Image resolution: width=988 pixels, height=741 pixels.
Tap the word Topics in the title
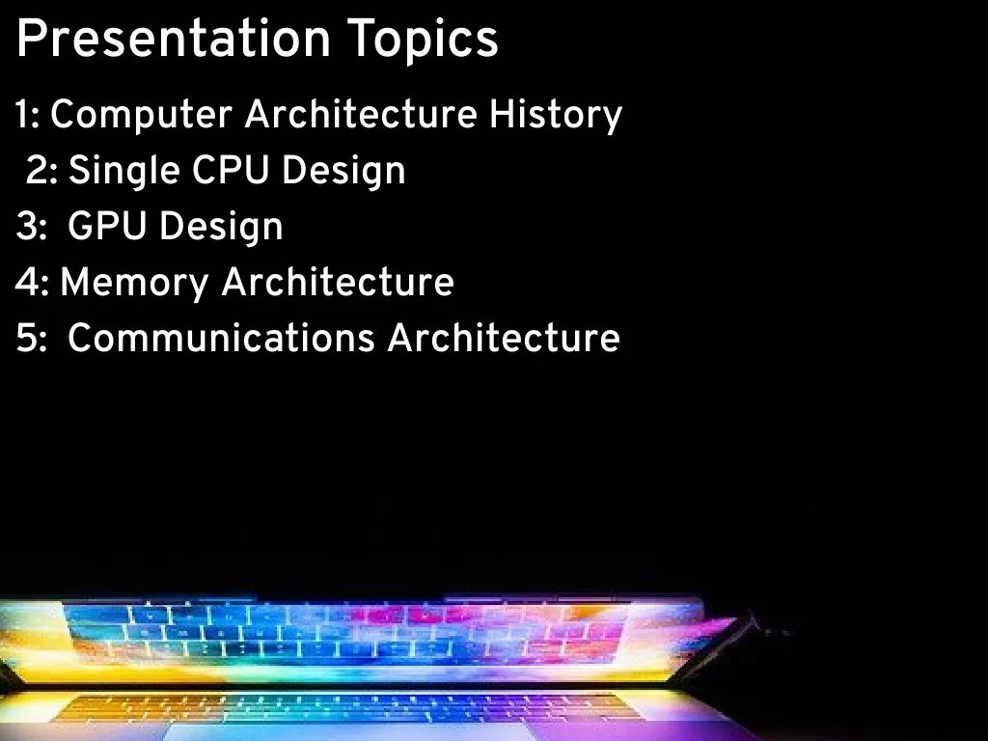(x=423, y=41)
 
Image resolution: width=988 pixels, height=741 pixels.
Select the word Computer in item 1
(x=141, y=116)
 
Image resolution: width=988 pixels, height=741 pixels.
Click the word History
(x=556, y=116)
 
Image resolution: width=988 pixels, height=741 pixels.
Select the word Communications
(x=221, y=338)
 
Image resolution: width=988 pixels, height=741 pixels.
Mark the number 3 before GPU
(x=26, y=226)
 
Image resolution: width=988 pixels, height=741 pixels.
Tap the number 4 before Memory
(x=27, y=282)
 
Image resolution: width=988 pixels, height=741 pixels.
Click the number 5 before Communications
(x=26, y=338)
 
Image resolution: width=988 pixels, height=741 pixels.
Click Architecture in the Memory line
(x=338, y=282)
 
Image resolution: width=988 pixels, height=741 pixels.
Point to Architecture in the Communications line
(x=504, y=338)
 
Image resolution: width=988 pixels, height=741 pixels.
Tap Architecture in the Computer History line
(x=361, y=115)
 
